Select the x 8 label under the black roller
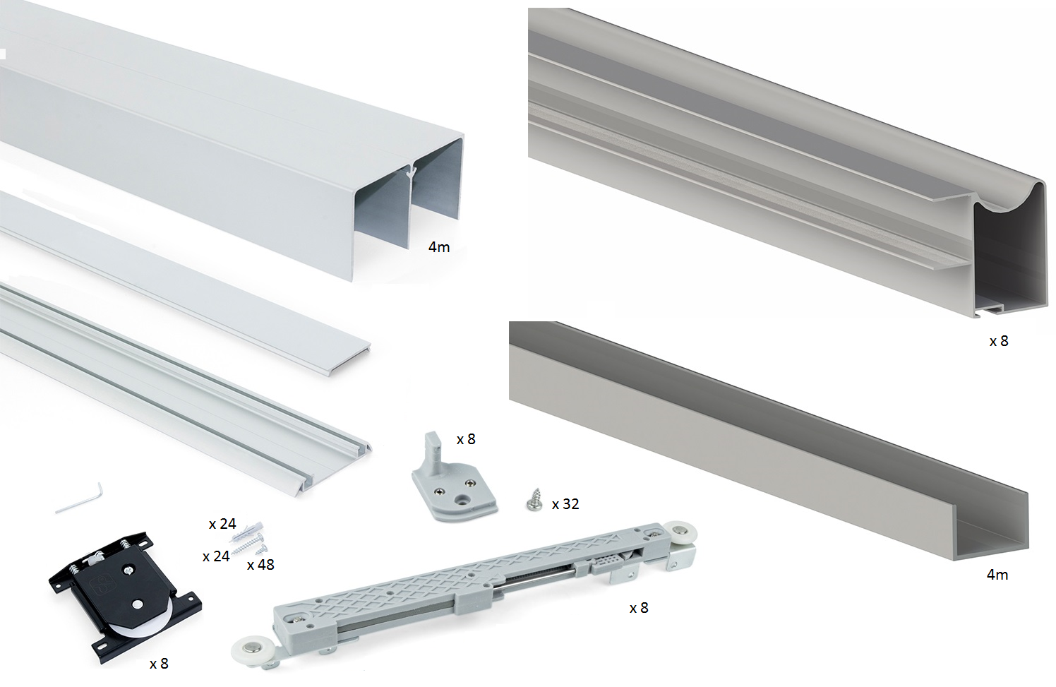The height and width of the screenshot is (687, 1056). point(159,664)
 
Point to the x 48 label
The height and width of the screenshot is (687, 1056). point(260,565)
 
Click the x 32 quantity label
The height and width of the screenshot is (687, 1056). point(565,504)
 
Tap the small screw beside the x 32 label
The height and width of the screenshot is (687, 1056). point(534,500)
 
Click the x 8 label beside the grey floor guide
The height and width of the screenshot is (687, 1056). point(466,439)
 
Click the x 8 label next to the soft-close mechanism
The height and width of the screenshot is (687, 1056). point(639,608)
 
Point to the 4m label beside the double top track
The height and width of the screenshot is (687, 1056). point(439,247)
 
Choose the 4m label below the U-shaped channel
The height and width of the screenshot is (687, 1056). point(997,575)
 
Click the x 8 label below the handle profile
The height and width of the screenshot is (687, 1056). point(999,341)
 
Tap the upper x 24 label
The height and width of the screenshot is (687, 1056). point(222,524)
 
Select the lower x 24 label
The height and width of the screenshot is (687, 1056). point(217,557)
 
